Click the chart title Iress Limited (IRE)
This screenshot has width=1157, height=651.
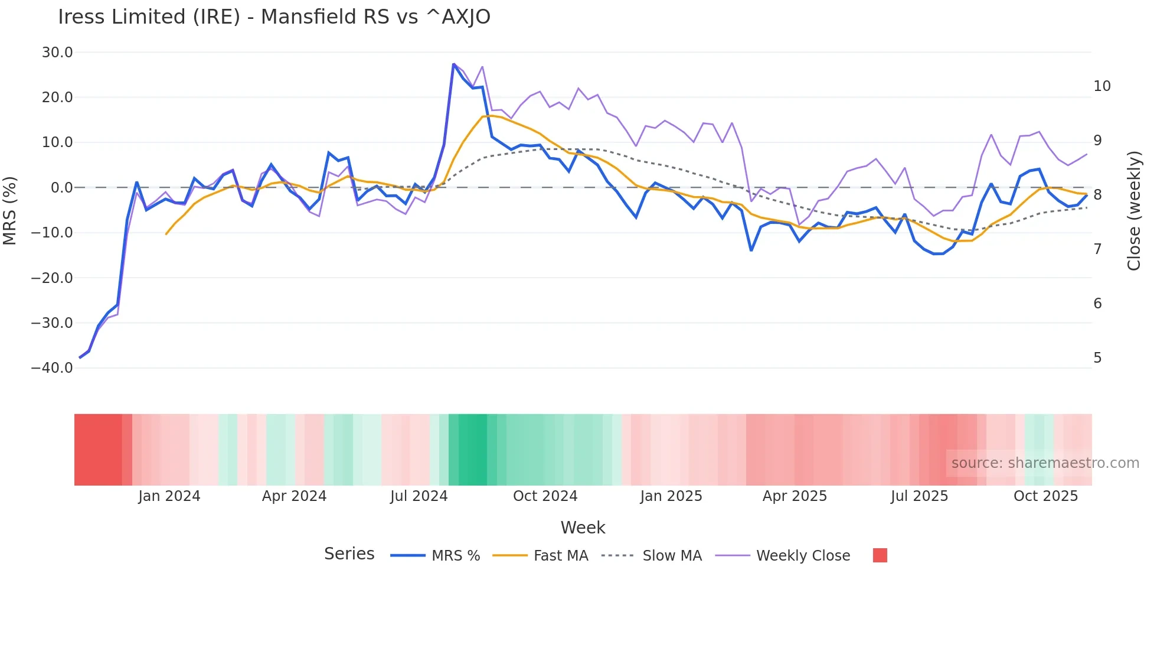(274, 17)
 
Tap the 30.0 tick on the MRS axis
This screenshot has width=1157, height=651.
(57, 53)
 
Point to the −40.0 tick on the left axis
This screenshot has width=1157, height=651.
(52, 368)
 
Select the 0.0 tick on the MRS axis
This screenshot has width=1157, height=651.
(61, 188)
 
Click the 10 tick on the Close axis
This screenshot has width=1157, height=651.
(1102, 86)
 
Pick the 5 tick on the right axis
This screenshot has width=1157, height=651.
(1097, 358)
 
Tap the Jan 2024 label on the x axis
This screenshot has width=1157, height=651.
(169, 496)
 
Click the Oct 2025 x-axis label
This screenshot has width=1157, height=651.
(1045, 496)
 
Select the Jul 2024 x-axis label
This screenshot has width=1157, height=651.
(419, 496)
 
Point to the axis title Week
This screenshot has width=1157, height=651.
(583, 528)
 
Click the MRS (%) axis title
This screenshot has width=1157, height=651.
(10, 210)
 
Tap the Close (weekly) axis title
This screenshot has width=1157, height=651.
(1133, 210)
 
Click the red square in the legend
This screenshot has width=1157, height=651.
(880, 555)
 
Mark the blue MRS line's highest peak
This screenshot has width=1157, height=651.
(453, 64)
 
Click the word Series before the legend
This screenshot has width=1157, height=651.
(349, 554)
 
